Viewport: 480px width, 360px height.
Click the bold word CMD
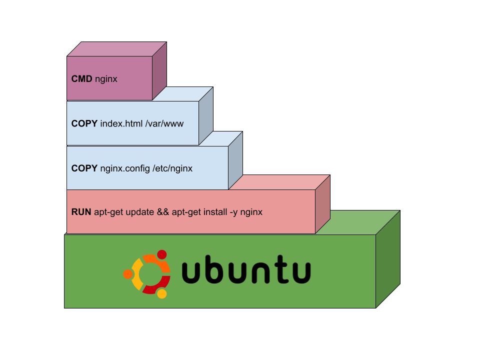pos(82,78)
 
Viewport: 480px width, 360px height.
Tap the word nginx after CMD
pos(106,79)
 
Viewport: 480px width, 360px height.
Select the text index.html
pos(121,123)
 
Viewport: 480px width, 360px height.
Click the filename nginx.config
pos(125,168)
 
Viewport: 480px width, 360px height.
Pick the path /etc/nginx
pos(172,168)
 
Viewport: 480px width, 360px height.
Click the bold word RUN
pos(81,212)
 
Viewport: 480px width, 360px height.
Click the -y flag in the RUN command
pos(233,212)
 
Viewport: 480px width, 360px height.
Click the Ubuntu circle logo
pos(147,273)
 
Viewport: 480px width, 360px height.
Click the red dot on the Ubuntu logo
pos(161,254)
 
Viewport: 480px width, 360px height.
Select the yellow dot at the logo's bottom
pos(161,293)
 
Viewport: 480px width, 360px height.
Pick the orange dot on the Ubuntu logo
pos(128,274)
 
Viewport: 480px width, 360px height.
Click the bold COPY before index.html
pos(84,123)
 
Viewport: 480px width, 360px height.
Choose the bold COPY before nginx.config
pos(84,168)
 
